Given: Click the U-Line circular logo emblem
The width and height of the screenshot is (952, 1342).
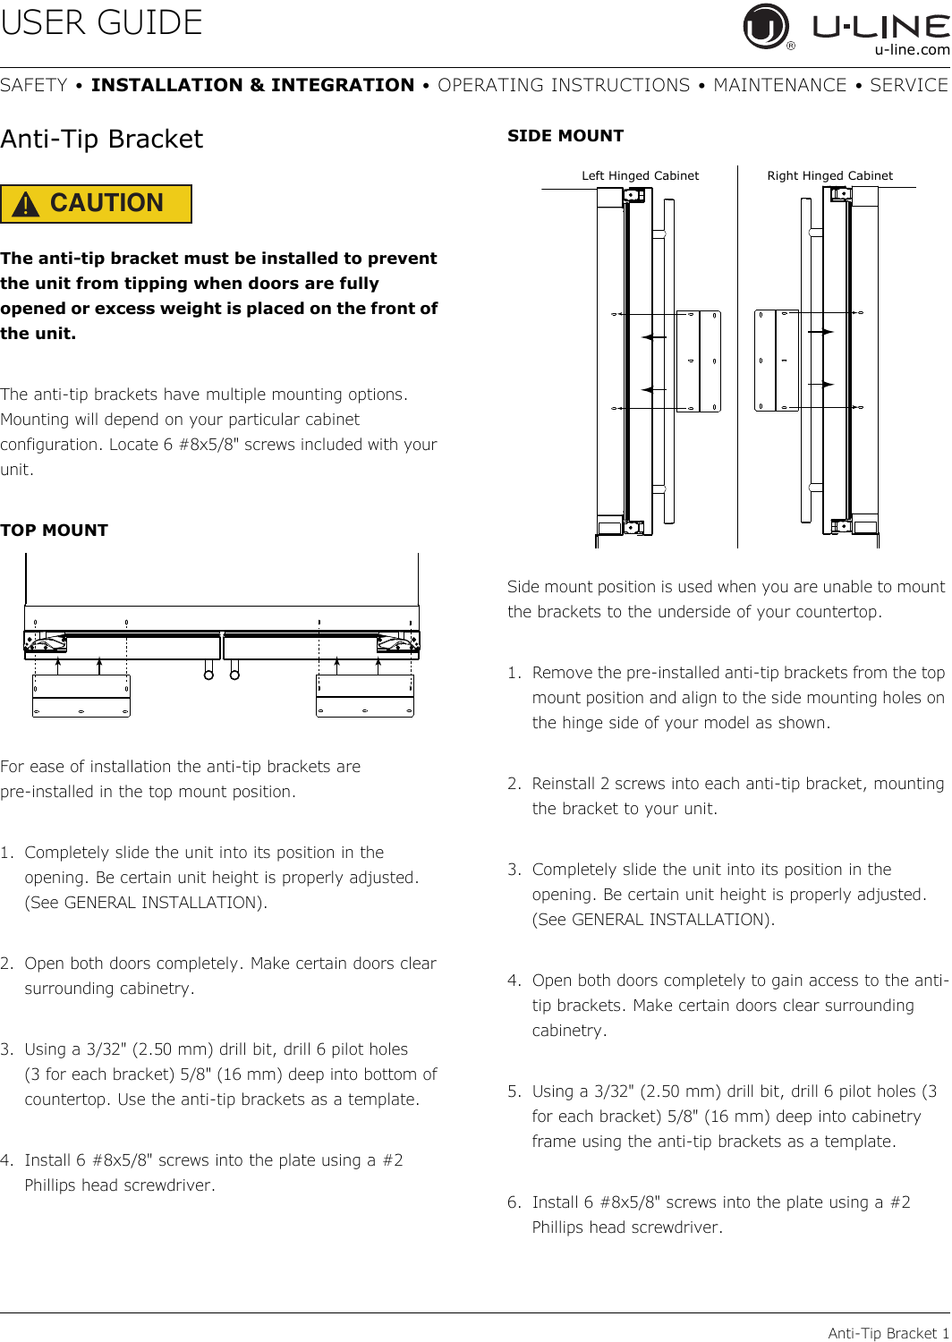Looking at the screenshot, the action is point(765,26).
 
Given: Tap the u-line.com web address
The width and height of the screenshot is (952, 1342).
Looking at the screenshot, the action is point(912,50).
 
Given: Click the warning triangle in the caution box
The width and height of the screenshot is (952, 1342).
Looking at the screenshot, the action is point(26,204).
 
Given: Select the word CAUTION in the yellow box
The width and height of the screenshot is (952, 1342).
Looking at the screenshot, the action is point(106,203).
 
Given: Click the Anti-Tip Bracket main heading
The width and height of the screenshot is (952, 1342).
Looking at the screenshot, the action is point(102,139).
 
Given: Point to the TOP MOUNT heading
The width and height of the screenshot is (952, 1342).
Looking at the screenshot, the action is point(54,531).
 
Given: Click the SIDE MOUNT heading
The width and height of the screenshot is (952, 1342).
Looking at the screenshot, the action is point(565,136).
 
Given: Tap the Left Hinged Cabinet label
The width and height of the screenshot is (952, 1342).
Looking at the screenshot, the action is point(640,175).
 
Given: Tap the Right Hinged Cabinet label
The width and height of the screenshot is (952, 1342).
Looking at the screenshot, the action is point(829,175).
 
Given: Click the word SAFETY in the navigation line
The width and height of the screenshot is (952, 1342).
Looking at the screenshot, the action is point(33,85).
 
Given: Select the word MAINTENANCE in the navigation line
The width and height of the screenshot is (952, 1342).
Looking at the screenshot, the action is point(780,85).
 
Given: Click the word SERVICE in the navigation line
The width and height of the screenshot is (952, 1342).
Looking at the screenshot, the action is point(909,85).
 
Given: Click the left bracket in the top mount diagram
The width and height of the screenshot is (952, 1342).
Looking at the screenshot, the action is point(81,696).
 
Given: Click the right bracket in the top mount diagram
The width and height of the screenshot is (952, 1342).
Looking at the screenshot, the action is point(365,696).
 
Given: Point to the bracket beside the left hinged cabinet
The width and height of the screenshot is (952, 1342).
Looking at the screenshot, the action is point(699,361).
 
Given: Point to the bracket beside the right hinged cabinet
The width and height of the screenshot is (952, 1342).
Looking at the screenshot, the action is point(777,361).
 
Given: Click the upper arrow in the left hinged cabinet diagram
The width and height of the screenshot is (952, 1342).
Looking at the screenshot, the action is point(654,337).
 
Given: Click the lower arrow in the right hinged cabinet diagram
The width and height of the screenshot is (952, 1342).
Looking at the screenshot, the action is point(820,384).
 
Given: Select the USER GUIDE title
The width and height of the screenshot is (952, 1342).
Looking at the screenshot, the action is point(101,22).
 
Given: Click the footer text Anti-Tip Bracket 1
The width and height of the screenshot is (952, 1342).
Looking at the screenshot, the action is point(888,1332).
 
